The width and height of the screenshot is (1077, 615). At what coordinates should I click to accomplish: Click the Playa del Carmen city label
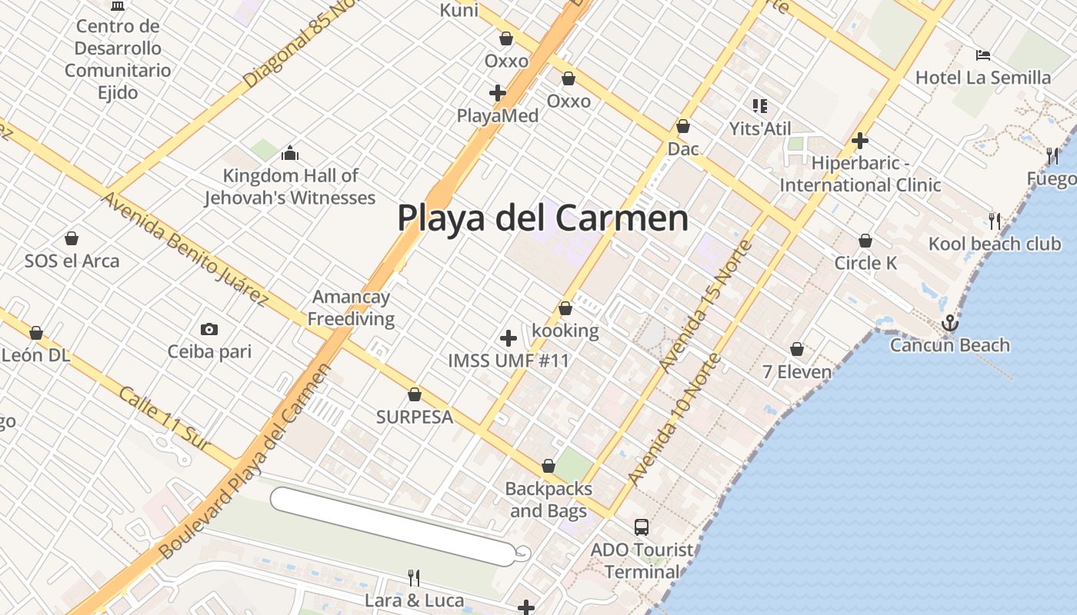click(542, 218)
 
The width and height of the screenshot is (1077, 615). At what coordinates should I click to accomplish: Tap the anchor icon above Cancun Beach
click(950, 323)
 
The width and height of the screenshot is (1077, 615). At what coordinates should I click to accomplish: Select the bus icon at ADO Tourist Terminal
click(642, 527)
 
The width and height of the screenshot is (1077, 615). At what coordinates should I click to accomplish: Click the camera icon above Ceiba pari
click(209, 330)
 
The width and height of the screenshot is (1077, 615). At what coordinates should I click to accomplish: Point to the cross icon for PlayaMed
click(498, 93)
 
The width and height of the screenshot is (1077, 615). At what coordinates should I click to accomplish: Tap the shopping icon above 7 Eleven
click(797, 350)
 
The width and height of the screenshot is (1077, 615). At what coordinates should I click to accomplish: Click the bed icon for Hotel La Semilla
click(982, 55)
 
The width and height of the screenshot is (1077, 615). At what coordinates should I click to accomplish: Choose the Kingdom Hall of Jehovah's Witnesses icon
click(290, 153)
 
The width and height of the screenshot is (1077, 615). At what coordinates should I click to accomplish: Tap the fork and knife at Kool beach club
click(995, 221)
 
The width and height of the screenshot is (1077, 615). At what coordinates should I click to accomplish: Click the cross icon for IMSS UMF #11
click(508, 338)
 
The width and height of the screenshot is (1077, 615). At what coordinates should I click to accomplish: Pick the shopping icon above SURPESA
click(415, 395)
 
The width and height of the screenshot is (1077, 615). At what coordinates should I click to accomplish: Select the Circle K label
click(865, 264)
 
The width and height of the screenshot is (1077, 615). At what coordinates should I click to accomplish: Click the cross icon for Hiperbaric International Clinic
click(860, 141)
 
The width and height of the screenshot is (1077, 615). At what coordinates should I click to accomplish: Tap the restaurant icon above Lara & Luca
click(413, 577)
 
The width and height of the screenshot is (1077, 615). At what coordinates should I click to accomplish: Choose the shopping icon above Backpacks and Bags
click(549, 467)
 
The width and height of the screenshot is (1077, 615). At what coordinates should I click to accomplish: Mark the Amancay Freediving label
click(351, 307)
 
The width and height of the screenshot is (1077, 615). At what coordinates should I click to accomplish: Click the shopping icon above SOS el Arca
click(72, 238)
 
